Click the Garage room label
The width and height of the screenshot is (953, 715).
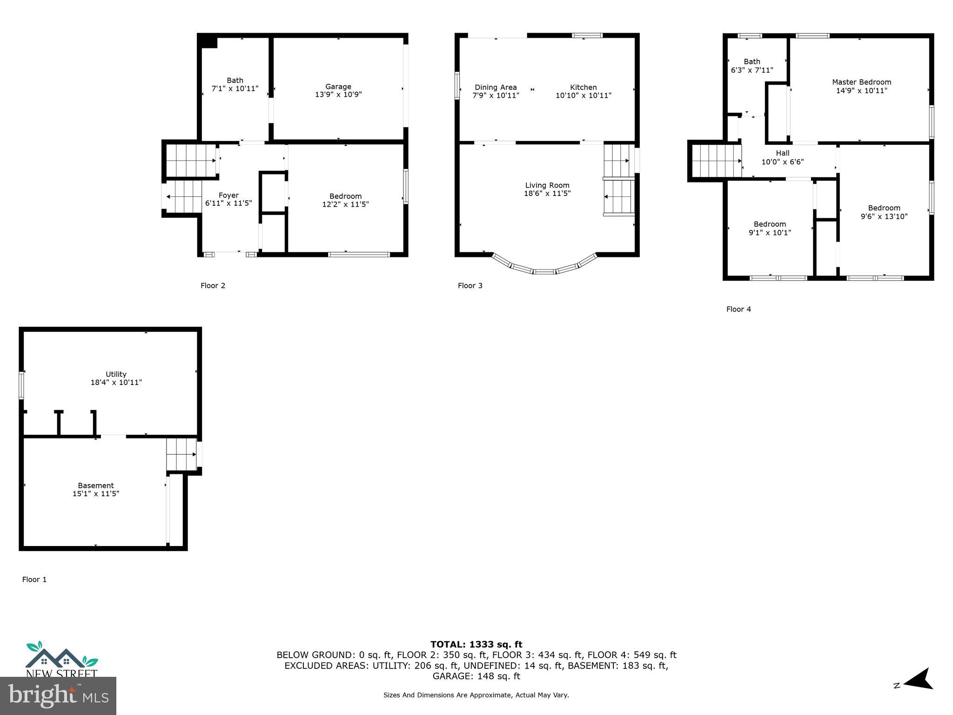[338, 87]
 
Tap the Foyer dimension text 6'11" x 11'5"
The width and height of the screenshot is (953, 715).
[228, 203]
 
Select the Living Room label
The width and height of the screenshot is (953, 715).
[547, 185]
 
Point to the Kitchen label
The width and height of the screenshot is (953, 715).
[583, 88]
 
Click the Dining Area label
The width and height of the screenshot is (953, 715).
[496, 88]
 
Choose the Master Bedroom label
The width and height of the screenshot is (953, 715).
[861, 82]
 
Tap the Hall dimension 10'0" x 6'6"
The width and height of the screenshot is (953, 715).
[782, 162]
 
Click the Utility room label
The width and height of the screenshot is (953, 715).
[116, 374]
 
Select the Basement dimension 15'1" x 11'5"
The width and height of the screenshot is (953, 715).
[96, 494]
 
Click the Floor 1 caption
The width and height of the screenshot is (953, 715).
[34, 580]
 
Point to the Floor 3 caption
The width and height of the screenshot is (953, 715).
[470, 286]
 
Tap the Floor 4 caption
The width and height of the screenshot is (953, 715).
[738, 309]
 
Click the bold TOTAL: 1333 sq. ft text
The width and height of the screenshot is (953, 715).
[476, 645]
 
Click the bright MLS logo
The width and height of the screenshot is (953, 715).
[58, 695]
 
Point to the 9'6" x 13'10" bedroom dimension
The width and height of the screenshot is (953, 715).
[884, 216]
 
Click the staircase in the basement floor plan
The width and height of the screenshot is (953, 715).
[181, 454]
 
